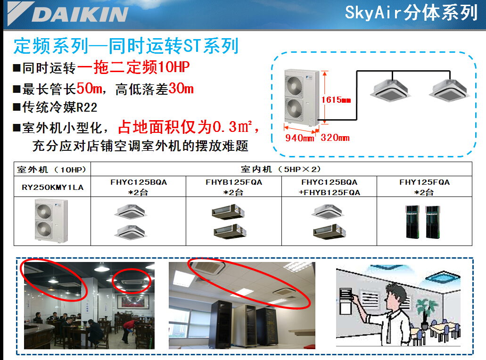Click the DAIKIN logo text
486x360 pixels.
tap(80, 14)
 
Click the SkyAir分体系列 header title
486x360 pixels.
tap(411, 13)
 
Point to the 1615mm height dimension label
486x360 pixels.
tap(336, 100)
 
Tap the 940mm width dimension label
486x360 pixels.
tap(300, 138)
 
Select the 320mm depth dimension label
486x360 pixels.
tap(335, 138)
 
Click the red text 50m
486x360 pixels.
tap(89, 89)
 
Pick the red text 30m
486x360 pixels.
tap(181, 89)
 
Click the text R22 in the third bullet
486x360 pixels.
tap(87, 107)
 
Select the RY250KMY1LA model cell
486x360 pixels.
tap(53, 187)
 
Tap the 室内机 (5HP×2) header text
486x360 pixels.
tap(281, 169)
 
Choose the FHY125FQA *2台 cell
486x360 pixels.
tap(424, 187)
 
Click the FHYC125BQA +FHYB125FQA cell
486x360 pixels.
tap(329, 187)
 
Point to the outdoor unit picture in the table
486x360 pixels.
tap(51, 221)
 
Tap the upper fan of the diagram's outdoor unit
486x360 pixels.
tap(294, 85)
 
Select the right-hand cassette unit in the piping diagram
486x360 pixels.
tap(449, 90)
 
